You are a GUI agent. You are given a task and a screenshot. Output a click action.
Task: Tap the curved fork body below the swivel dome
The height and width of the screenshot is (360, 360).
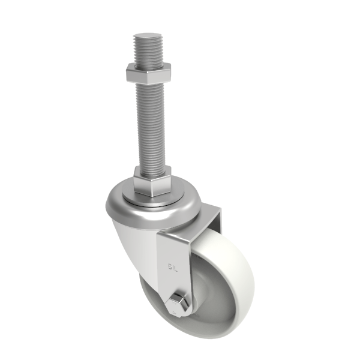(135, 246)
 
